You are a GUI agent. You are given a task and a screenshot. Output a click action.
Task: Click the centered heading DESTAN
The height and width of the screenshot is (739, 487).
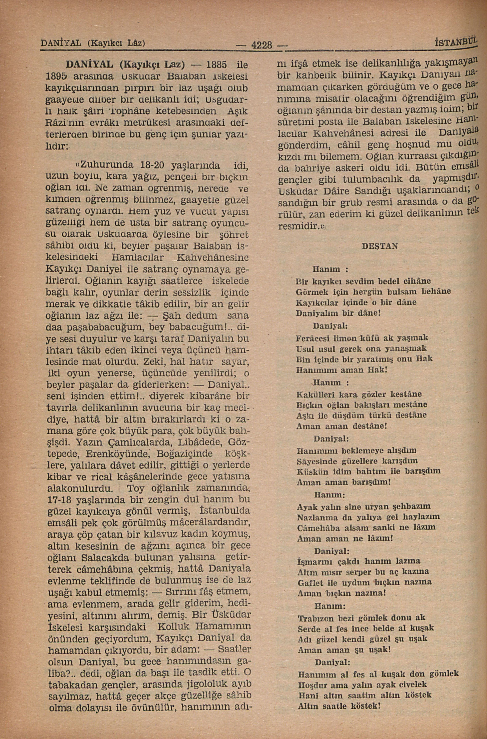[x=380, y=246]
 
